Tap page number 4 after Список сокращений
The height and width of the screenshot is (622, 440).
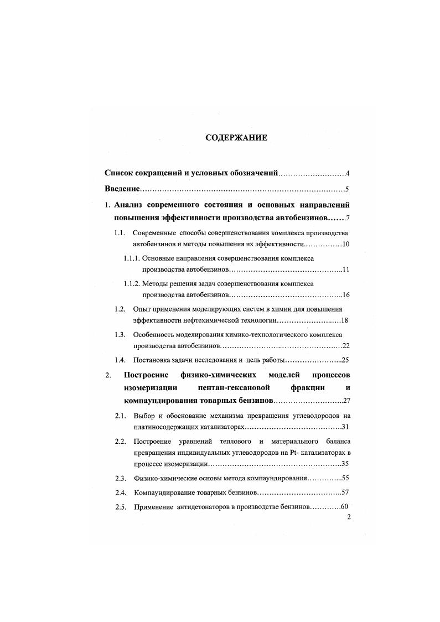click(x=347, y=173)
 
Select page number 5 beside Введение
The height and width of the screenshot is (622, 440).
click(x=347, y=189)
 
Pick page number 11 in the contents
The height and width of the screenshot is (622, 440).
click(x=346, y=269)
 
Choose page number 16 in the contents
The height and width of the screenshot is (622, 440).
click(x=346, y=295)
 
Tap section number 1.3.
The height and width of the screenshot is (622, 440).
click(x=118, y=335)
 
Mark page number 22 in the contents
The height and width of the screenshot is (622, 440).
click(x=346, y=346)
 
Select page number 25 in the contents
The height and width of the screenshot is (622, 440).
click(x=346, y=360)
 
